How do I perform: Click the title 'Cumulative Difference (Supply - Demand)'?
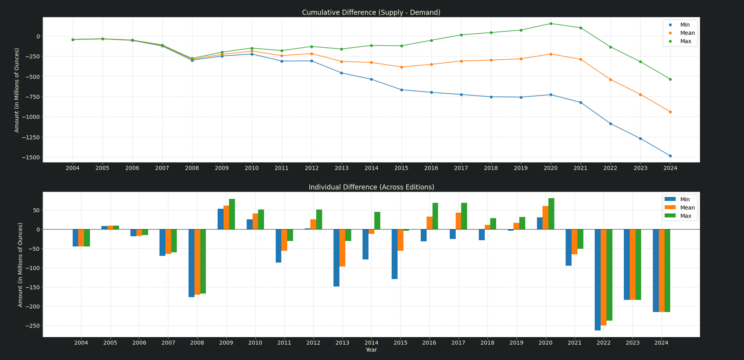tap(371, 12)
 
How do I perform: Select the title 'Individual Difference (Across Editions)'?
tap(371, 187)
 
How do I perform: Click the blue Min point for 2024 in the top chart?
tap(670, 156)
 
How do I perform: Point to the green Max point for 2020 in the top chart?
tap(551, 24)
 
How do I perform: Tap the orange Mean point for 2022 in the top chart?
tap(610, 79)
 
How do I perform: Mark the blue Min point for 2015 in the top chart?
tap(401, 90)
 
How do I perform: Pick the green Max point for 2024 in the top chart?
tap(670, 79)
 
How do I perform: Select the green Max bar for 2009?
tap(232, 214)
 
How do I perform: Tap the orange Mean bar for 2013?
tap(342, 248)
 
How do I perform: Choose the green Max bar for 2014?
tap(377, 221)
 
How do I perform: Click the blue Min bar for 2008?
tap(191, 263)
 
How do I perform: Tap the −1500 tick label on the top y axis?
tap(29, 157)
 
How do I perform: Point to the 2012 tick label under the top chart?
tap(311, 168)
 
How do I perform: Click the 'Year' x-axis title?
tap(371, 350)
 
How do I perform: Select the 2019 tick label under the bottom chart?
tap(516, 342)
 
